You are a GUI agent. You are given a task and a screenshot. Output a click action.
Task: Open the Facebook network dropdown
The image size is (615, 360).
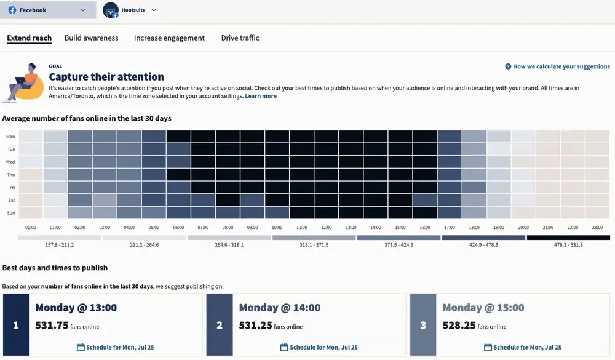coord(47,10)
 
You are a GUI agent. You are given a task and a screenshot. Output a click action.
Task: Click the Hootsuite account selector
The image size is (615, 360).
coord(130,10)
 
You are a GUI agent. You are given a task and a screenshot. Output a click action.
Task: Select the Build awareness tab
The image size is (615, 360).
coord(91,38)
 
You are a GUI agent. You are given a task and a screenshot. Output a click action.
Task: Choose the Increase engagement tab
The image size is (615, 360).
coord(169,38)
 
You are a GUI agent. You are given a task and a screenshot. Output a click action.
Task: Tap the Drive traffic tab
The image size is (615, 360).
coord(240,38)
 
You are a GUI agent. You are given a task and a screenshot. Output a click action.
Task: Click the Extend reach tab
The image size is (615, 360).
coord(29,38)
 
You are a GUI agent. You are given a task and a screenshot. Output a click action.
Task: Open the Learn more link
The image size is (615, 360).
coord(261,96)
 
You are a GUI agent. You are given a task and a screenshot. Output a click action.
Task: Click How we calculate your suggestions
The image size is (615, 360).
coord(557,66)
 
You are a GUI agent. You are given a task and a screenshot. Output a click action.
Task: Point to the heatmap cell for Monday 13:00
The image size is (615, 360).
coord(351,137)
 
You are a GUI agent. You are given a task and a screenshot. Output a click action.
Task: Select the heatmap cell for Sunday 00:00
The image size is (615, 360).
coord(31,213)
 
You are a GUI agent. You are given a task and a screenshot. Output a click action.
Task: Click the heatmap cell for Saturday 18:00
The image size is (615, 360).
coord(474,200)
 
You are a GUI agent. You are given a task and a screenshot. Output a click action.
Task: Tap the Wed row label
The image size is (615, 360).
coord(10,162)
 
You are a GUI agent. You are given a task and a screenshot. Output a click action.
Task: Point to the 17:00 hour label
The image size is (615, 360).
coord(450,228)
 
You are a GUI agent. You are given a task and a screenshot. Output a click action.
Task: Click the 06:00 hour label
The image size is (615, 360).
coord(178,228)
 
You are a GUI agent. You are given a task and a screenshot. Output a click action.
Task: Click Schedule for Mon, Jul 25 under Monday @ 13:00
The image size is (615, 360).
coord(116,347)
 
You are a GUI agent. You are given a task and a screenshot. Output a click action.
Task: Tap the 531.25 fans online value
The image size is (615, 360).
coord(256,325)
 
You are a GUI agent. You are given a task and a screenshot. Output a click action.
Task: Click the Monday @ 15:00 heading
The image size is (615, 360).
coord(483,308)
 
